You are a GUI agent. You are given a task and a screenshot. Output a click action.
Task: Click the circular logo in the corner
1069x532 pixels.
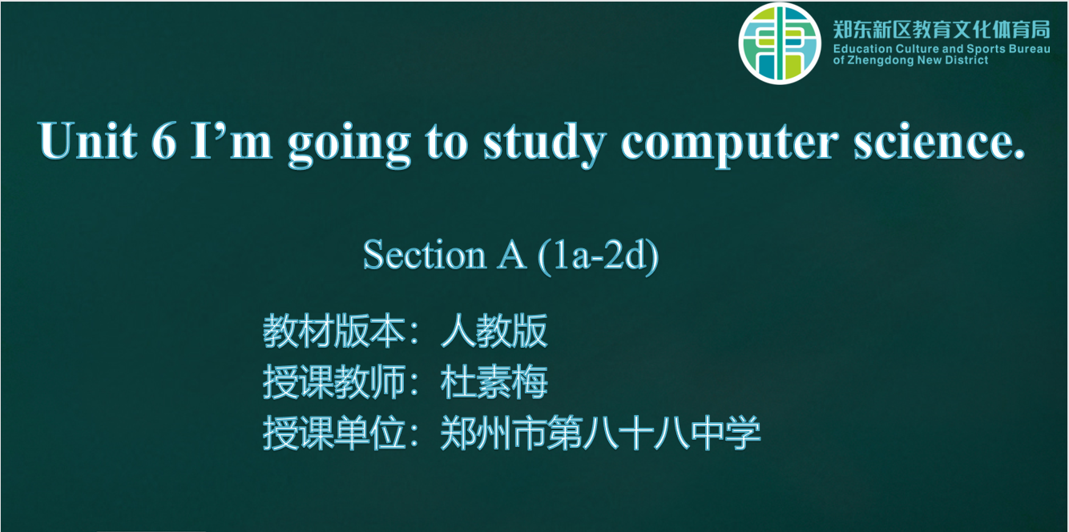point(780,43)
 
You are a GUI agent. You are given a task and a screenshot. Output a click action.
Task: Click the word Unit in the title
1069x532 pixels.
point(88,141)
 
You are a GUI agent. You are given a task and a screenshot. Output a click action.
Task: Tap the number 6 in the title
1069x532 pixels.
point(164,141)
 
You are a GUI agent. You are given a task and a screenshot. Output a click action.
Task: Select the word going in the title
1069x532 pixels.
point(349,144)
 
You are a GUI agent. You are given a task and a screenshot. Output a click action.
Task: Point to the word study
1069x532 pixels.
point(545,144)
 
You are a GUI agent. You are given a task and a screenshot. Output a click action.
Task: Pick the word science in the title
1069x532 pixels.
point(939,142)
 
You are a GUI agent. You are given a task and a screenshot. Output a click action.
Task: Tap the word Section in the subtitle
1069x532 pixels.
point(424,255)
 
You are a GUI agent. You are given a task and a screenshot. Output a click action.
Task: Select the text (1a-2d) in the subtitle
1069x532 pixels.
point(599,256)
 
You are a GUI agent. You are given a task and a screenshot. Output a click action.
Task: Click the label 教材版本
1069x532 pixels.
point(334,331)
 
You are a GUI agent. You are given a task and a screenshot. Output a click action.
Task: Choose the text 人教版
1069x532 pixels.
point(494,331)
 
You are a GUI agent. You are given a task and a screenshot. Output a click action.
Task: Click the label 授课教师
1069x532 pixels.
point(334,381)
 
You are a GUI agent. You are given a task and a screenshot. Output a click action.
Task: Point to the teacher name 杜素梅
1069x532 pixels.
point(494,381)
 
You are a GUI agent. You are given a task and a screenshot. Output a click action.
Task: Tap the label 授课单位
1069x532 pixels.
point(334,433)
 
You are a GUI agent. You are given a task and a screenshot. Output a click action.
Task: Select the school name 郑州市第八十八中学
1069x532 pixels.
point(600,433)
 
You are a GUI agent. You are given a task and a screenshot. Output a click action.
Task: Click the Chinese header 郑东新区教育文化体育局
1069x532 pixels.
point(942,30)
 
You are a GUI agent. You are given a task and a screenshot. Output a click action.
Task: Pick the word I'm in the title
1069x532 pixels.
point(231,141)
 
